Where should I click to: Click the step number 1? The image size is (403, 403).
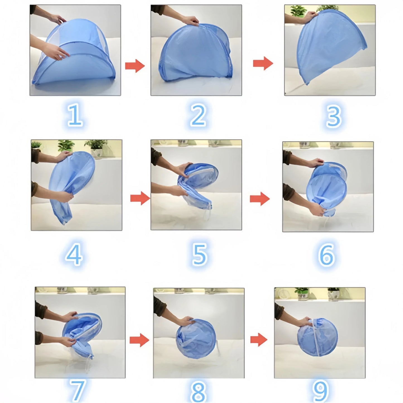tap(75, 115)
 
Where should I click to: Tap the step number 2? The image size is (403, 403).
tap(198, 115)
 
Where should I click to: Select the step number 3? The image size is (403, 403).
tap(334, 116)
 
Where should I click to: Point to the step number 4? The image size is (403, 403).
tap(74, 254)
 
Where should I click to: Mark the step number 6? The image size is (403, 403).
tap(327, 255)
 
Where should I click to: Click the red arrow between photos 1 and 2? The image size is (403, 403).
tap(135, 66)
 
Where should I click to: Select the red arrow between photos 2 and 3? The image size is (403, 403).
tap(263, 63)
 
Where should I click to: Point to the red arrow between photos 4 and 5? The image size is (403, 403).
tap(140, 198)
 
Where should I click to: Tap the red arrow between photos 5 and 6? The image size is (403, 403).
tap(260, 199)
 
